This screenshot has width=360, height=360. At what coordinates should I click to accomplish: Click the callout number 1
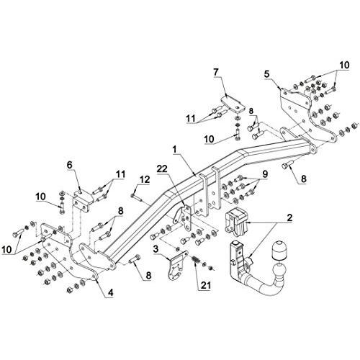click(x=174, y=150)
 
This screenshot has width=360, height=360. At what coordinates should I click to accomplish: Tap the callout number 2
click(x=289, y=217)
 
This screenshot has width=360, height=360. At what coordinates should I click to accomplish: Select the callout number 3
click(x=156, y=249)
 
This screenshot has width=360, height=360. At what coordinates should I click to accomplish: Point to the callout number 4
click(x=110, y=292)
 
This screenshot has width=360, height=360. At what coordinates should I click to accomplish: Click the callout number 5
click(x=267, y=73)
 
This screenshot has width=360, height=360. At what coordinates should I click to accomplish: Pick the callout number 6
click(x=69, y=165)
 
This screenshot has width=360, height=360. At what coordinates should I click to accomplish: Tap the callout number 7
click(x=216, y=72)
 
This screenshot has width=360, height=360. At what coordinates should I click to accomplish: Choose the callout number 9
click(x=265, y=174)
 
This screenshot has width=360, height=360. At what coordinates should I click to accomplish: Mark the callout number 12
click(x=145, y=179)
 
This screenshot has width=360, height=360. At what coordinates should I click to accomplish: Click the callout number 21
click(x=206, y=285)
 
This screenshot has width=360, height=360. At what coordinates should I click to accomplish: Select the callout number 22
click(x=162, y=168)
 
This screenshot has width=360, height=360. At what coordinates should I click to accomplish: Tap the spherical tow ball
click(x=279, y=270)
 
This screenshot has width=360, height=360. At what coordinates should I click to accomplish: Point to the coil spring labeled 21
click(x=196, y=261)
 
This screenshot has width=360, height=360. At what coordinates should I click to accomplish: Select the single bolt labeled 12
click(x=137, y=197)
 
